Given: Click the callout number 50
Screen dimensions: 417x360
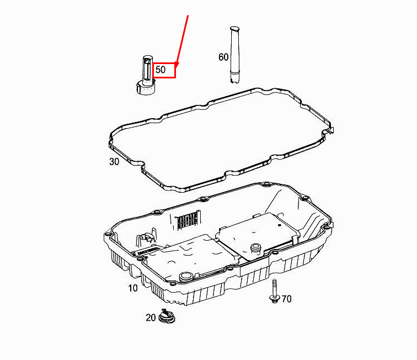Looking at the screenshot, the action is [x=161, y=70].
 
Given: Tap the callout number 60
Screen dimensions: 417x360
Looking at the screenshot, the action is [x=223, y=57].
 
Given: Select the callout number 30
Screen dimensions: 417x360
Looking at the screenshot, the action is [x=114, y=162].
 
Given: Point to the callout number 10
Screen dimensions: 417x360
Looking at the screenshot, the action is [x=133, y=288].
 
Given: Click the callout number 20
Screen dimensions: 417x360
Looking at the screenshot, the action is [x=151, y=317].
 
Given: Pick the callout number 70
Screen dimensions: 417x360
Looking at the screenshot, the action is [x=286, y=299].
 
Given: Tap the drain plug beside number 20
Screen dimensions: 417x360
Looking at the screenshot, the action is [x=167, y=316].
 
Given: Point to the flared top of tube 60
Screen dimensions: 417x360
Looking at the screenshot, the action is [x=235, y=29].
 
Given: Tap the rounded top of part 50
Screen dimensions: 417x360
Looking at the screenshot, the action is [x=148, y=59].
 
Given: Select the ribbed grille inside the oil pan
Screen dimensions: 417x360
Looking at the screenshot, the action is [x=188, y=221].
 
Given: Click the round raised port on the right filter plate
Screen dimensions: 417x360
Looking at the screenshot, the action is [x=256, y=247].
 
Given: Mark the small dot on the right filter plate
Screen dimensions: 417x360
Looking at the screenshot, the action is [x=280, y=225].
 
